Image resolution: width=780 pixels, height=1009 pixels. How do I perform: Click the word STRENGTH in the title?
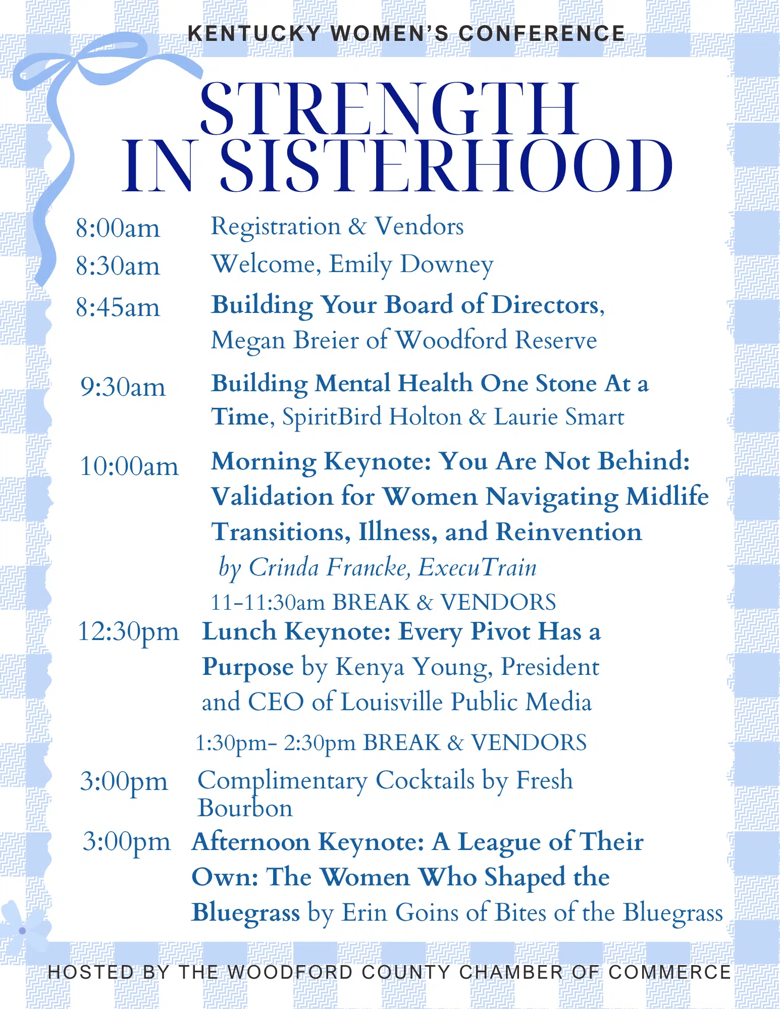[390, 109]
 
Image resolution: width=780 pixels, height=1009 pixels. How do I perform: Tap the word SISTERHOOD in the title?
[446, 167]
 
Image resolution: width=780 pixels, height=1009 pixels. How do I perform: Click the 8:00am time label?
[118, 228]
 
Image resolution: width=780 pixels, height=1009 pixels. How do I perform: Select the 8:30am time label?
[118, 266]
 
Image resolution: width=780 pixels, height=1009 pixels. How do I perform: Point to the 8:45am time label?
[118, 307]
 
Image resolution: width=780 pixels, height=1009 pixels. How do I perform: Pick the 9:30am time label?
[123, 387]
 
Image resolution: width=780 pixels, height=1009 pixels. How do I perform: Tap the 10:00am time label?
[129, 466]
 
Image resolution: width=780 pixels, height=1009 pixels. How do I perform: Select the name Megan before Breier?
[249, 341]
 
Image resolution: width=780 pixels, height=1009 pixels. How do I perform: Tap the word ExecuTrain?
[478, 567]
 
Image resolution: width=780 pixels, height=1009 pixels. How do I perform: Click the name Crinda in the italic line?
[284, 567]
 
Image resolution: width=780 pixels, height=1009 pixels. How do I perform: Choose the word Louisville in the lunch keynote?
[392, 702]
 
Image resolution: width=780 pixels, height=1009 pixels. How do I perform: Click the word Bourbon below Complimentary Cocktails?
[245, 808]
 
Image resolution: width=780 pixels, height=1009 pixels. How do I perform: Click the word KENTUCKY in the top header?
[254, 34]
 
